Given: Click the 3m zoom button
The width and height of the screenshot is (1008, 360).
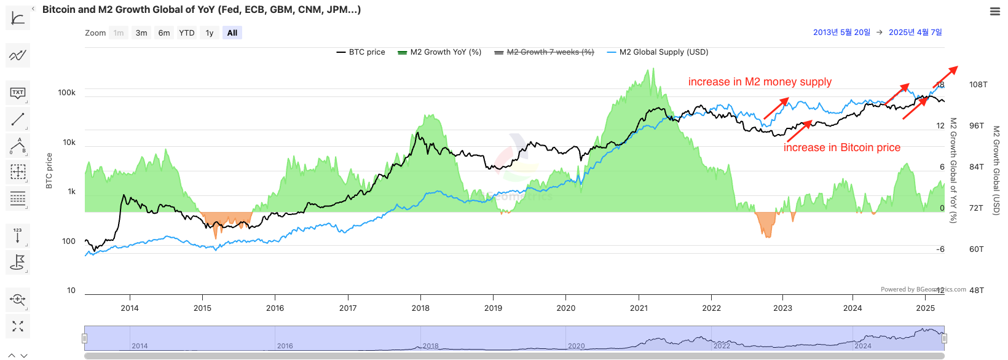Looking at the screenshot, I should (141, 33).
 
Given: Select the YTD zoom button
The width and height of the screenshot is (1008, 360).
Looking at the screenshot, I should (187, 33).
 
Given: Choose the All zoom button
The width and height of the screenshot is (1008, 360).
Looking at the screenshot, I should (232, 33).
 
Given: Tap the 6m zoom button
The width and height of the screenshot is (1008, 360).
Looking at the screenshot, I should (164, 33).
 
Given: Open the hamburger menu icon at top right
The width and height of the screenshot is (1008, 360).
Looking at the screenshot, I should (994, 11).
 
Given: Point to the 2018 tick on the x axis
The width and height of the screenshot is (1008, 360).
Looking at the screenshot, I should (420, 308).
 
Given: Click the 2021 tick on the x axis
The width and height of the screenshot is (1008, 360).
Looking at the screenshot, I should (639, 308).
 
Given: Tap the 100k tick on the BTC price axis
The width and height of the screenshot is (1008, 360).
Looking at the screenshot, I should (66, 93).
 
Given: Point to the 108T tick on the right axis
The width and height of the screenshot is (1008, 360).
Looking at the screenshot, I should (978, 85).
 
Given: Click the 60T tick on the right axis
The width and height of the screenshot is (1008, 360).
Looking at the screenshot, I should (976, 249).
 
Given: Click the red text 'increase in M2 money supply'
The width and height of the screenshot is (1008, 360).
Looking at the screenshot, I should (760, 82).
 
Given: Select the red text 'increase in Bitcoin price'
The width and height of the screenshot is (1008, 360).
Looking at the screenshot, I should (841, 148).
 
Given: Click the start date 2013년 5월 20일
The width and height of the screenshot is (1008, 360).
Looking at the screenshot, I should (841, 33).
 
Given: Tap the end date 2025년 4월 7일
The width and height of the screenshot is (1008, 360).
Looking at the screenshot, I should (915, 33).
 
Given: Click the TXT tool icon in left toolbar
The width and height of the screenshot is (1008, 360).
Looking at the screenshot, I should (18, 93).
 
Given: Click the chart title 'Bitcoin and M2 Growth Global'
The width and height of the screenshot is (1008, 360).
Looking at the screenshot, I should (202, 10).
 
